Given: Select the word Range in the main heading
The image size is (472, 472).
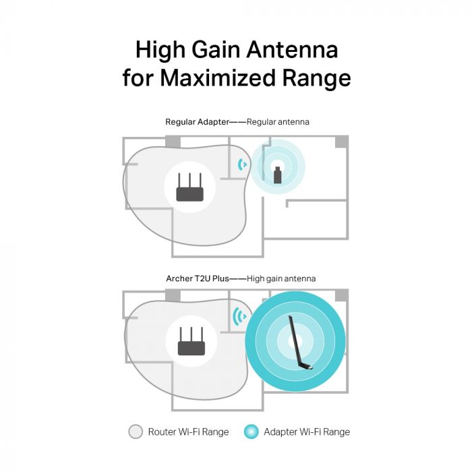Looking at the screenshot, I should (x=313, y=78).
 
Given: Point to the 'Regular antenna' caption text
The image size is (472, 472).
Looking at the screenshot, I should (x=278, y=122).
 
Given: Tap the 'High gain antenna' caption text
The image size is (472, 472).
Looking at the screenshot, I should (x=281, y=278).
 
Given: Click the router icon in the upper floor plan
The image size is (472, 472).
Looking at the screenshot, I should (x=189, y=187).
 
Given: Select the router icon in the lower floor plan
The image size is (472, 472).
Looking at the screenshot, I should (x=190, y=342).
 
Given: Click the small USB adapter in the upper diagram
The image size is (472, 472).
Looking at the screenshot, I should (x=278, y=173).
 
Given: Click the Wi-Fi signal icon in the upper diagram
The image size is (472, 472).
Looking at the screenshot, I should (x=243, y=164).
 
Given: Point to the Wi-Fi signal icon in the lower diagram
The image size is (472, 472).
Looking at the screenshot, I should (x=238, y=316).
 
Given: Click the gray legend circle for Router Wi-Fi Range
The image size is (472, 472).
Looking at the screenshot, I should (x=136, y=432).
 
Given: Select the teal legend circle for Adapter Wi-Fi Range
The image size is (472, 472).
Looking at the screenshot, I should (x=252, y=432).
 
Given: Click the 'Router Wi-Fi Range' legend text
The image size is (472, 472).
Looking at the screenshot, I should (x=188, y=432).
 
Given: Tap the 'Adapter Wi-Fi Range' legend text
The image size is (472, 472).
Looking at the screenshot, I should (x=307, y=432).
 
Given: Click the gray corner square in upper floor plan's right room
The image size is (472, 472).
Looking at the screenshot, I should (x=342, y=142).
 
